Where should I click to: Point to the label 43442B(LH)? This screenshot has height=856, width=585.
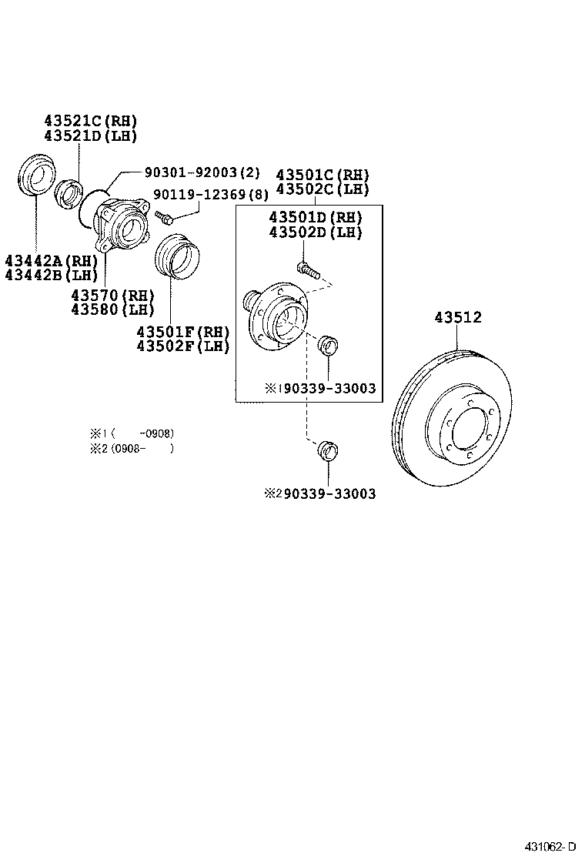click(50, 274)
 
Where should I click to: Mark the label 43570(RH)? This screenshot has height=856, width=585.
click(112, 296)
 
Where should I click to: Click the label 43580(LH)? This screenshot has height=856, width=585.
click(112, 309)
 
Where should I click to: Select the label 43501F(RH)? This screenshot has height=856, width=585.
click(183, 333)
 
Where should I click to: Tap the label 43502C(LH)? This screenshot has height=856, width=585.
click(323, 189)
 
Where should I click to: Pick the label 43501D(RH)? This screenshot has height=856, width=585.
click(315, 219)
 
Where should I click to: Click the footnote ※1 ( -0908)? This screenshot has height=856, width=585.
click(131, 433)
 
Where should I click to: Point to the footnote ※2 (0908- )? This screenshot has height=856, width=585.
click(131, 448)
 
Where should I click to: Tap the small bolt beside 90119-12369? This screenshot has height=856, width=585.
click(163, 217)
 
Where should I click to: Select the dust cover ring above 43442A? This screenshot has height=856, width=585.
click(35, 175)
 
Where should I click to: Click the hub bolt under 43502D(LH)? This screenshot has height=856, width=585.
click(306, 269)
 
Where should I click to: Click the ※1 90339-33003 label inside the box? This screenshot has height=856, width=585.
click(321, 389)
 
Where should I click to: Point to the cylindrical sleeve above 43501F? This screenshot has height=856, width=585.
click(177, 256)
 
